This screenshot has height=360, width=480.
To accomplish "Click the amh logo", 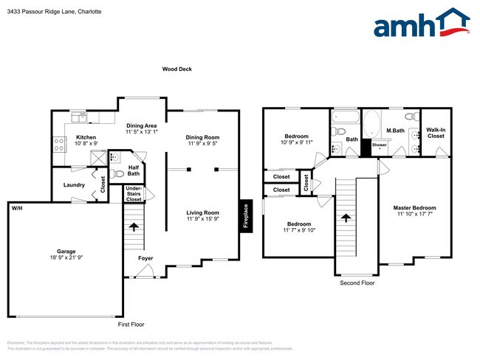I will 422,24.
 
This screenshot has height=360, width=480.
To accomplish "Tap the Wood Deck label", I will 177,69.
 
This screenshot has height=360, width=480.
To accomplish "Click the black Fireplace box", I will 245,216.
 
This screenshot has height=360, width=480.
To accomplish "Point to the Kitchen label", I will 86,137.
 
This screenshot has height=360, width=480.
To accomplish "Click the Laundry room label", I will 74,185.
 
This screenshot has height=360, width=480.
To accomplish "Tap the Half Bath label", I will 134,170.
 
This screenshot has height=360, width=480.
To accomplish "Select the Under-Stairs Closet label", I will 134,194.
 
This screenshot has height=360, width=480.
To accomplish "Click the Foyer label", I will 145,258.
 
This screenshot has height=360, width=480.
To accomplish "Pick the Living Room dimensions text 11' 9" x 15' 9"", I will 202,219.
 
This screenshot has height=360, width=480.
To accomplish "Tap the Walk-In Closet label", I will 436,133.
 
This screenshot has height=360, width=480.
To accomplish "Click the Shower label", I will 380,145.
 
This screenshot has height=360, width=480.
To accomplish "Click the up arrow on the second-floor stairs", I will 346,217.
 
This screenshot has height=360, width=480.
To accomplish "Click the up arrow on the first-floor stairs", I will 133,226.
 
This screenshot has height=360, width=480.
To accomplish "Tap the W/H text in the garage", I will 16,209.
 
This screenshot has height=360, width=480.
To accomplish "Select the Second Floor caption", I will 357,283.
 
